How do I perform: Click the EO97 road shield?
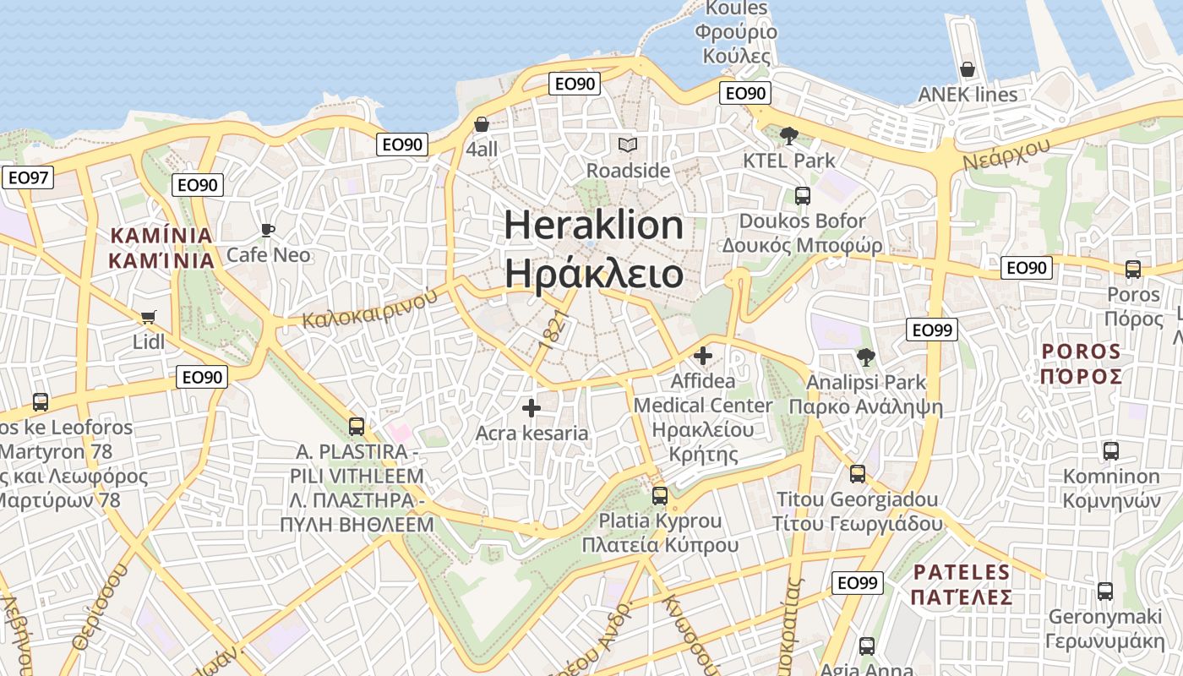(x=28, y=177)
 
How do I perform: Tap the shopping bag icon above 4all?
(x=482, y=125)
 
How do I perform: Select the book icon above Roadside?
(x=627, y=145)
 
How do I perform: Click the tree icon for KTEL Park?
(x=788, y=135)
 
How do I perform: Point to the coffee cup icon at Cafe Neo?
(x=268, y=230)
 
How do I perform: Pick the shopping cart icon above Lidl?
(x=149, y=318)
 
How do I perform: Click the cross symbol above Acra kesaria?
(x=532, y=408)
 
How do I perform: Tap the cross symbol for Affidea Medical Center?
(x=702, y=356)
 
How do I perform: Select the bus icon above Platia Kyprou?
(x=660, y=495)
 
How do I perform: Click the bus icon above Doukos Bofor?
(x=803, y=196)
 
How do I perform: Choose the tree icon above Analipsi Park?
(x=865, y=357)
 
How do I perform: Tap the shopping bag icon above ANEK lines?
(x=968, y=69)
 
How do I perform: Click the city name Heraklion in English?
(x=594, y=226)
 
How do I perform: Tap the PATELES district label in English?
(x=962, y=572)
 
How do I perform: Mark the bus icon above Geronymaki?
(x=1104, y=591)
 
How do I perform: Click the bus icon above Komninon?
(x=1111, y=451)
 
